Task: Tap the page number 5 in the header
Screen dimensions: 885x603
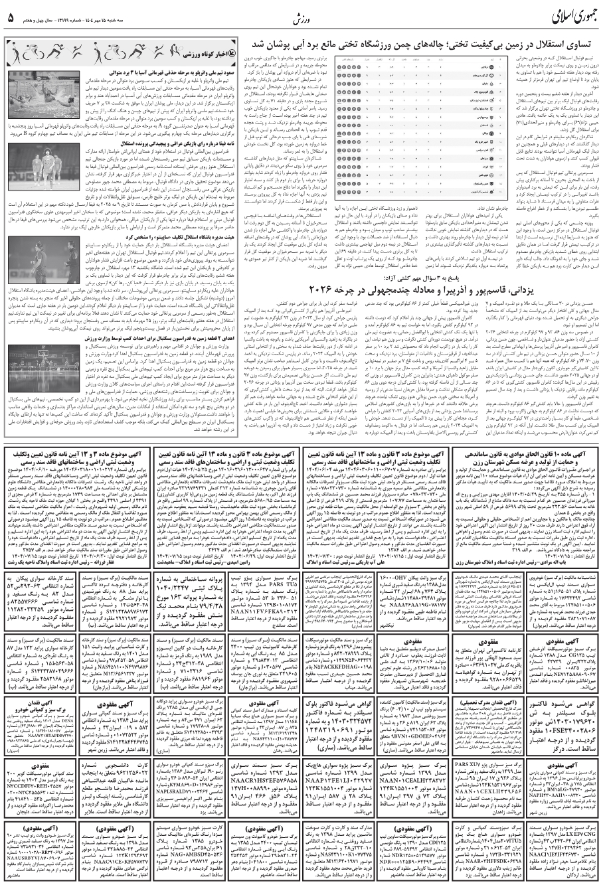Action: tap(11, 17)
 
